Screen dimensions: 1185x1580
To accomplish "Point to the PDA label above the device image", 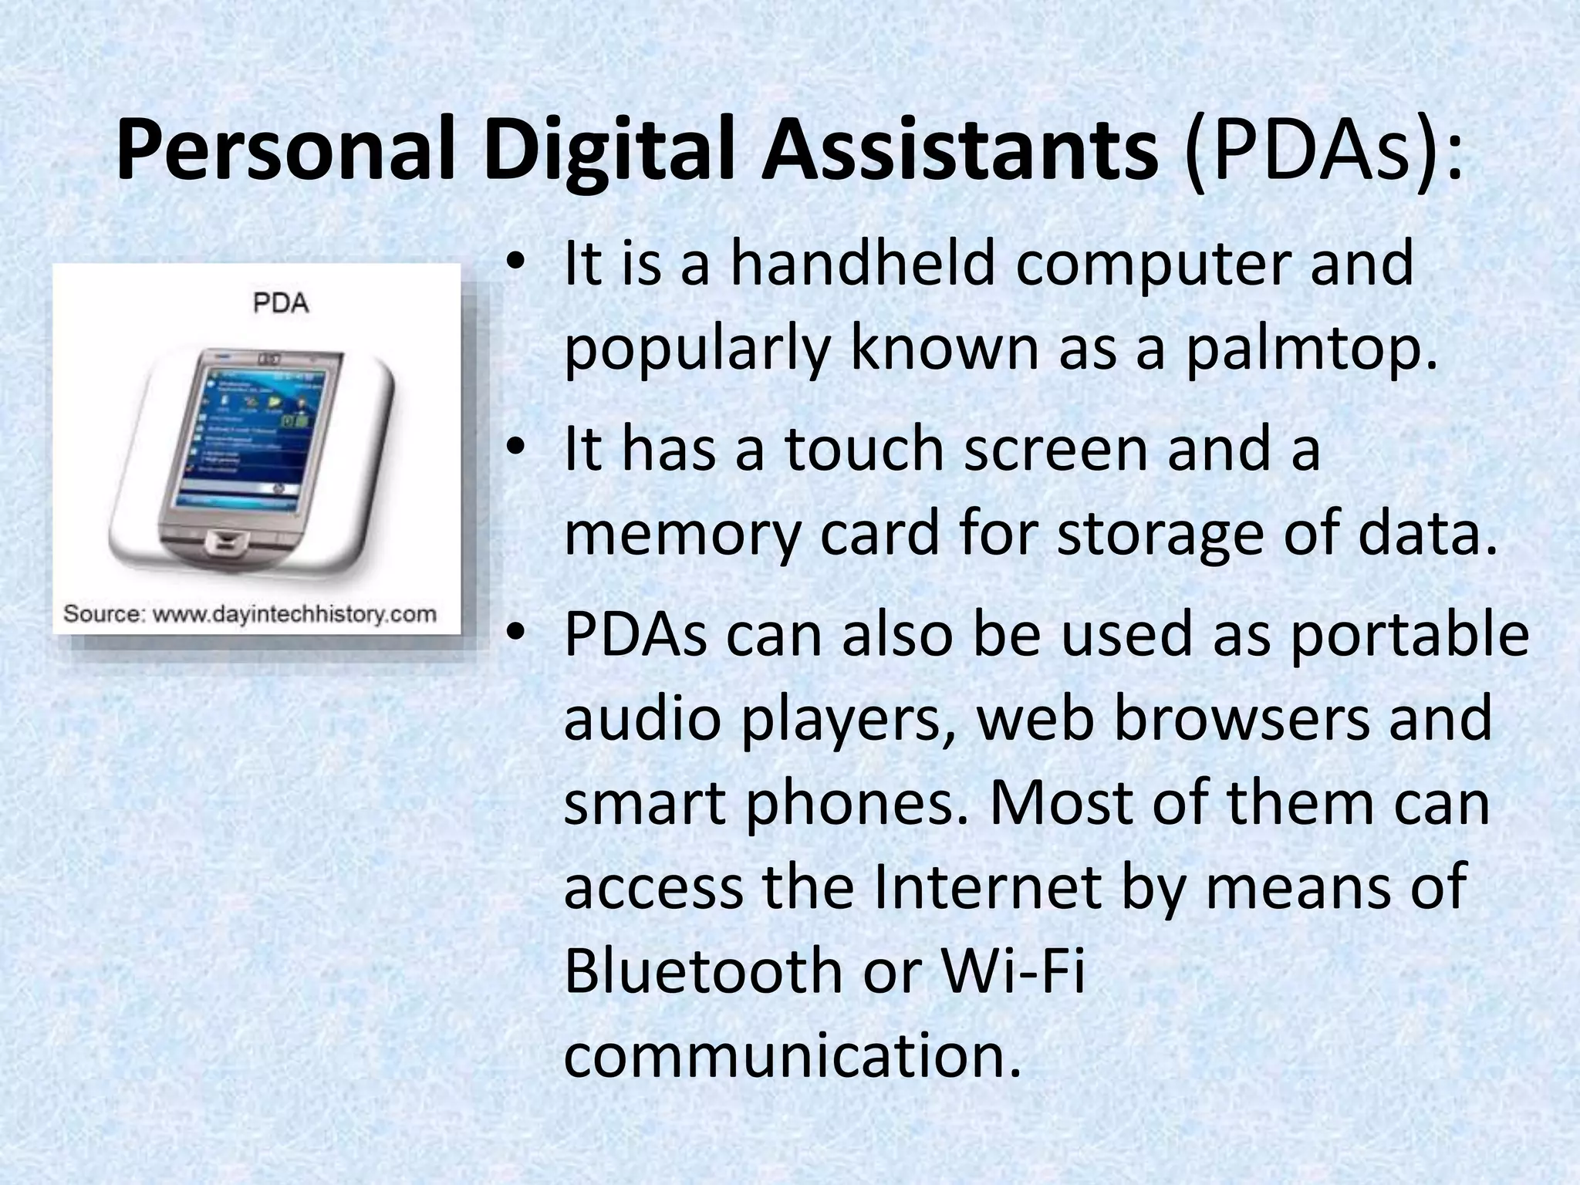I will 281,303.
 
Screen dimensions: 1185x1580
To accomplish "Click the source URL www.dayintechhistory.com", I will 294,615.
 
